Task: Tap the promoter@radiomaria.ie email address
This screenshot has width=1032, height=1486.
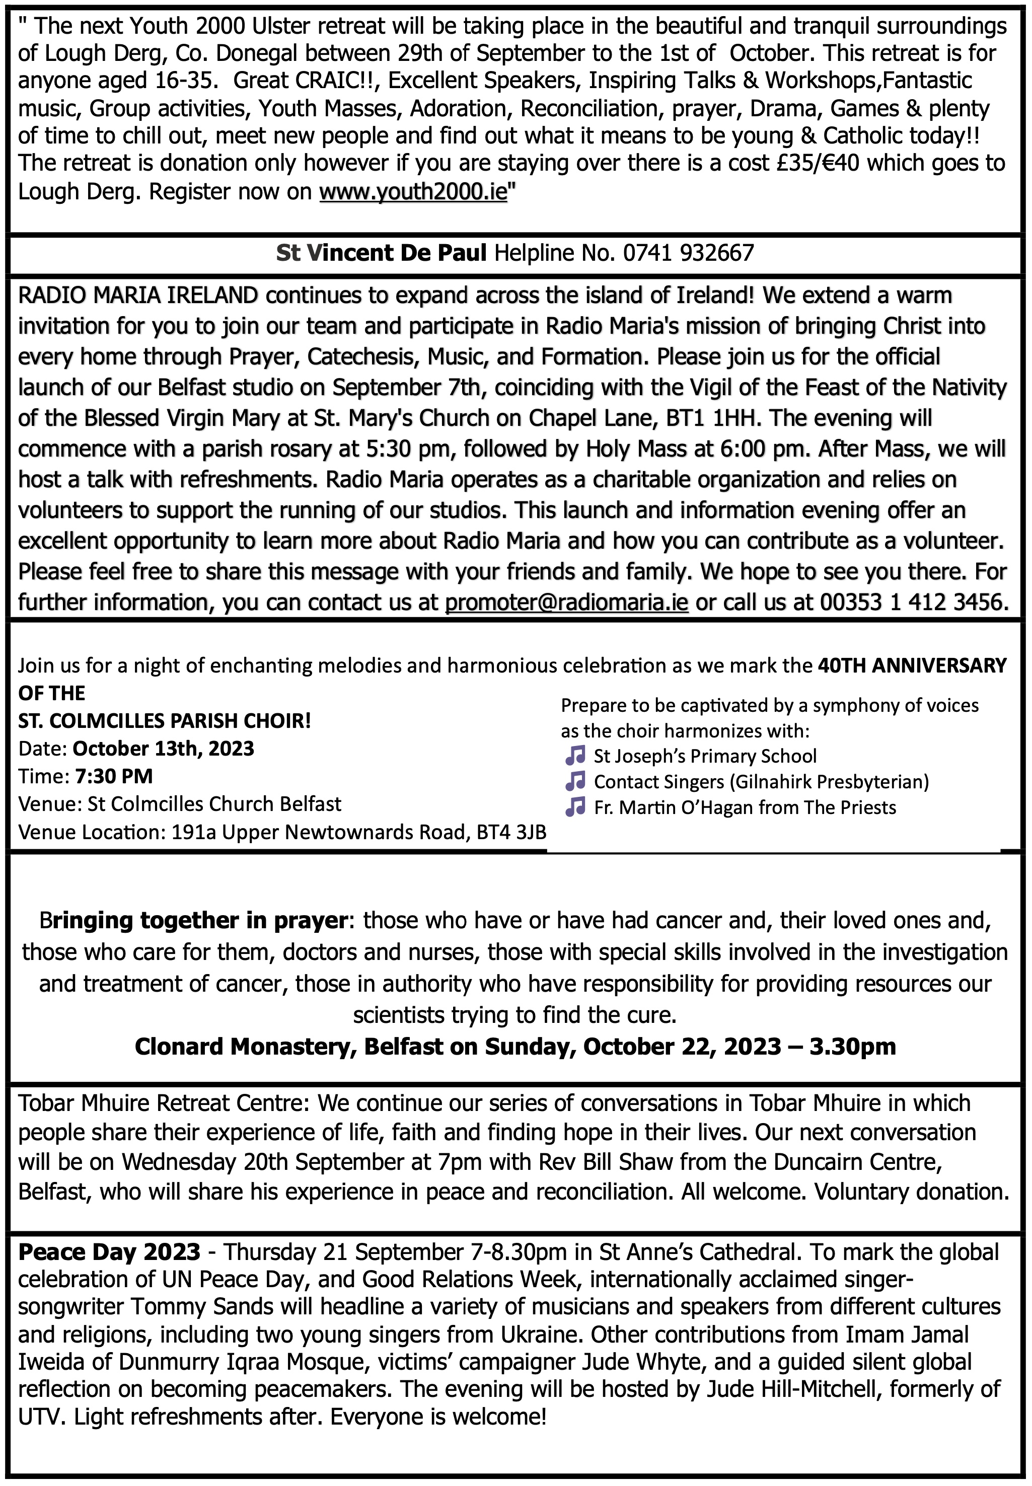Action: tap(566, 603)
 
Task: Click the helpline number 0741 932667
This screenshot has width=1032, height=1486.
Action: tap(688, 253)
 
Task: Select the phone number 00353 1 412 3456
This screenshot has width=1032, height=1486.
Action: tap(913, 603)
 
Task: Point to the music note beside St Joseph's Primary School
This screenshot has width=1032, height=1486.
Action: tap(575, 755)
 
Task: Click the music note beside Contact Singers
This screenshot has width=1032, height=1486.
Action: tap(575, 781)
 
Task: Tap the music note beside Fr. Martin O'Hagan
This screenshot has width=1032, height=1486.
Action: tap(575, 807)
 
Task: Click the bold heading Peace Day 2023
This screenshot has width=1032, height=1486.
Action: tap(109, 1252)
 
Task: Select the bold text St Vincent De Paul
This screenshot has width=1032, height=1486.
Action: tap(381, 253)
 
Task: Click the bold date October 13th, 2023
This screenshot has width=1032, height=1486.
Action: tap(163, 748)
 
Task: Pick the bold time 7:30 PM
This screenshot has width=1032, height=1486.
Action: tap(114, 776)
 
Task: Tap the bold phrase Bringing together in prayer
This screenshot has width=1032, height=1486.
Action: tap(193, 920)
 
